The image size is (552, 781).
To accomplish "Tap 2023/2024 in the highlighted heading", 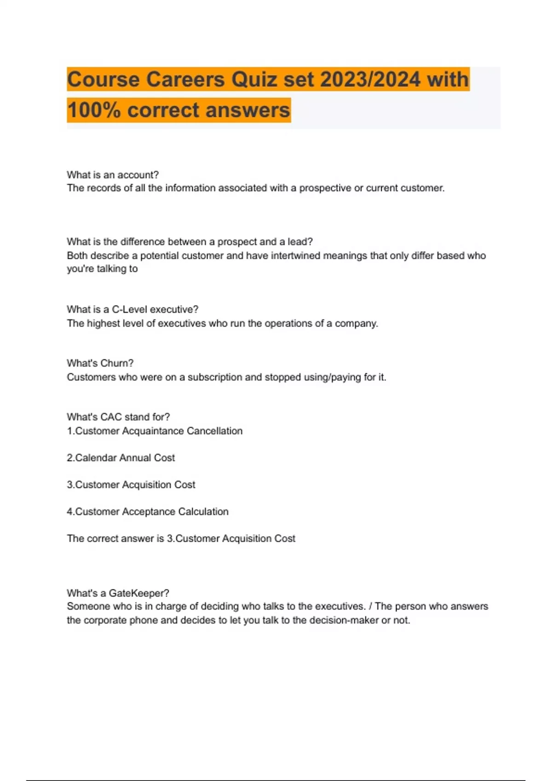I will click(x=370, y=79).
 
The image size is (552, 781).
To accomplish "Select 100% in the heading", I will click(x=94, y=110).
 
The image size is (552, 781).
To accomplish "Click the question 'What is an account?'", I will click(x=113, y=175).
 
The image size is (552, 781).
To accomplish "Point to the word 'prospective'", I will click(x=325, y=188).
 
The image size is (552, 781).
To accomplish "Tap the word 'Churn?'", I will click(x=117, y=363).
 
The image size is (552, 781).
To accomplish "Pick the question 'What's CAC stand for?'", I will click(x=118, y=417).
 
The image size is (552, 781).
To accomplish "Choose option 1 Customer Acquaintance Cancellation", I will click(x=155, y=431).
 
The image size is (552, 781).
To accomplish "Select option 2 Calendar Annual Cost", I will click(x=121, y=458).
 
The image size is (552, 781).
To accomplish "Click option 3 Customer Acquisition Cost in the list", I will click(x=131, y=485).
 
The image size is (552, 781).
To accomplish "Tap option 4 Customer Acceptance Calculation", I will click(x=148, y=511).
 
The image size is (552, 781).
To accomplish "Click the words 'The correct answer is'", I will click(x=115, y=538).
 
